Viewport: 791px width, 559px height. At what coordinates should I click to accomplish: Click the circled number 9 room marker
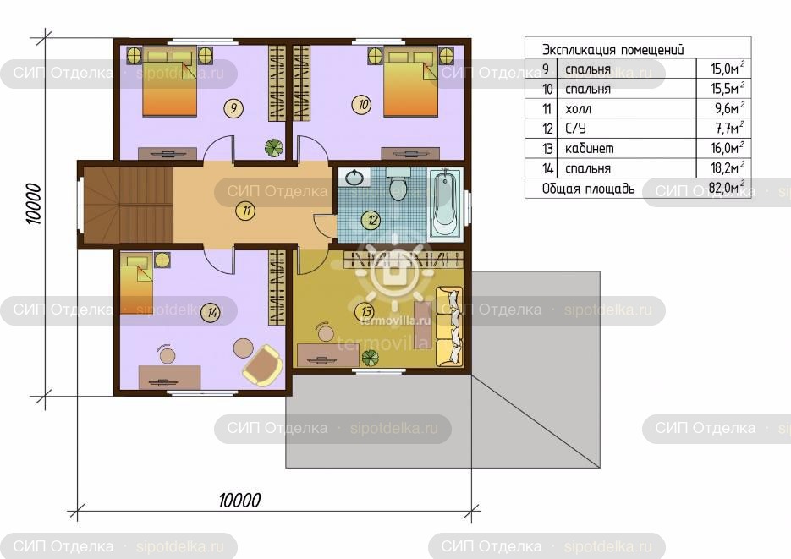[x=233, y=108]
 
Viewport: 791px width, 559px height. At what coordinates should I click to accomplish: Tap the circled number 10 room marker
[x=362, y=105]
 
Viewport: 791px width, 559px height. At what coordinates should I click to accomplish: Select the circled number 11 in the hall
[x=245, y=211]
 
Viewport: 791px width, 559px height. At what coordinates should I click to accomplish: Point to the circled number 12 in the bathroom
[x=371, y=220]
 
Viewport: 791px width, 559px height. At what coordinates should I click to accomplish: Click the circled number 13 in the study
[x=366, y=311]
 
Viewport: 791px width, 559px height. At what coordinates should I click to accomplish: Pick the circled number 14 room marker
[x=211, y=313]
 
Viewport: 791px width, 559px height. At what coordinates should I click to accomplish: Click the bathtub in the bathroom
[x=445, y=204]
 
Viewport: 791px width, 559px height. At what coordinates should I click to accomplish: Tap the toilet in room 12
[x=398, y=184]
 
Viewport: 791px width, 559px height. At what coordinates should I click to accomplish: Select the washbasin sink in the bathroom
[x=354, y=177]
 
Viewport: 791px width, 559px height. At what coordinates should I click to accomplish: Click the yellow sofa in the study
[x=449, y=326]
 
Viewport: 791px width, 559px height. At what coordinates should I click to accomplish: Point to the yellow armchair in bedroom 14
[x=263, y=365]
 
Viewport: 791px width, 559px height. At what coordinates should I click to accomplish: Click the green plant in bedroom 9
[x=274, y=147]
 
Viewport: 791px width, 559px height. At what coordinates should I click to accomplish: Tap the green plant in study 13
[x=371, y=358]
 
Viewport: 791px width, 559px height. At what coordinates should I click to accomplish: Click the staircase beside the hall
[x=128, y=205]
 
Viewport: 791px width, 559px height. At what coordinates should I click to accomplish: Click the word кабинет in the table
[x=589, y=148]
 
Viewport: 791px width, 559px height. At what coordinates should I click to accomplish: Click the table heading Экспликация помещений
[x=613, y=49]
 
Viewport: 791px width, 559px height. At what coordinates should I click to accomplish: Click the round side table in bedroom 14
[x=243, y=348]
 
